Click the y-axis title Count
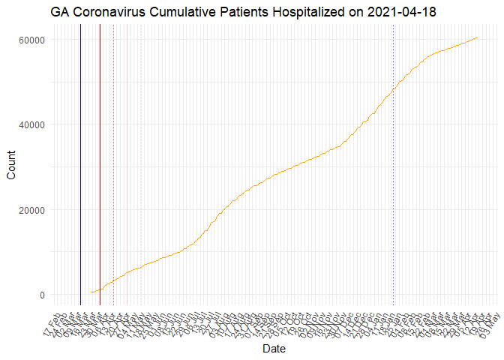(x=11, y=166)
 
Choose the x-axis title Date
(x=273, y=349)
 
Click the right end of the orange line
(x=478, y=37)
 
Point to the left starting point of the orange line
(x=90, y=292)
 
